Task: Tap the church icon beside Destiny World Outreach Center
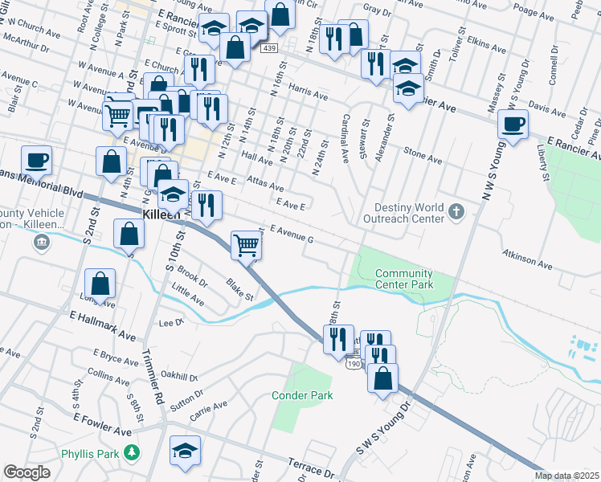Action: [456, 212]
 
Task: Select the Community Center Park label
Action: [404, 279]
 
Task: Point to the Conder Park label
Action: [301, 395]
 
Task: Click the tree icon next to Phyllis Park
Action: [131, 453]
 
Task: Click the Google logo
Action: [27, 472]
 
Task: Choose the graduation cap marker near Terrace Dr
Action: [186, 451]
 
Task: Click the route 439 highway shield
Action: [269, 49]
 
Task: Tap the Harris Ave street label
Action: [309, 96]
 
